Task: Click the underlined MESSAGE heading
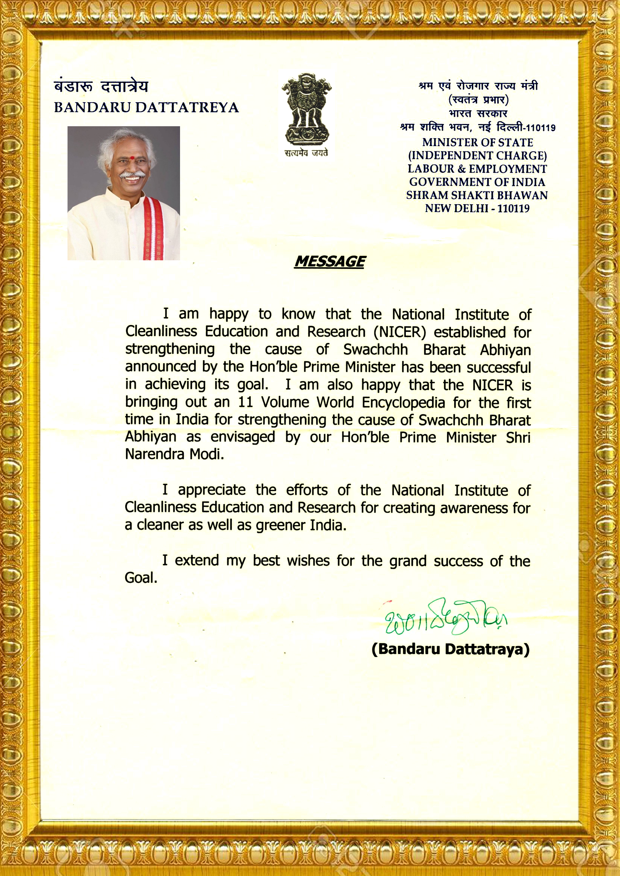330,262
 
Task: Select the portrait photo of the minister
124,193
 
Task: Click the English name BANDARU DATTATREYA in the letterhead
146,107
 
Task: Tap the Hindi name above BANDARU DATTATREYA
101,87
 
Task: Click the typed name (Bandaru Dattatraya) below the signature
450,649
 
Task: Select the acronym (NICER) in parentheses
399,332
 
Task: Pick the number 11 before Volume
246,402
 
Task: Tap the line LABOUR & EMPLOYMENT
477,169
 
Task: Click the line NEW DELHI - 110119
477,208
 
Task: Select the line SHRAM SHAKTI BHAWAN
477,195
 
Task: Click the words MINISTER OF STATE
477,142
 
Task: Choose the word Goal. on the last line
141,578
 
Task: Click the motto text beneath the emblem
306,153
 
